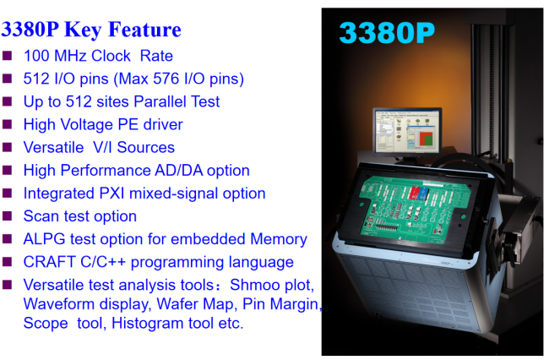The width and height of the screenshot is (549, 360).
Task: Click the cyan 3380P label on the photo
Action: [387, 33]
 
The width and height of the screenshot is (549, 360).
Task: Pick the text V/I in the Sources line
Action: [102, 147]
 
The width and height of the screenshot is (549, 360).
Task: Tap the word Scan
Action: [41, 216]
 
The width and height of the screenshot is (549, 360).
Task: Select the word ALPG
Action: [45, 239]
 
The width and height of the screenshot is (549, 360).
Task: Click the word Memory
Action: [279, 239]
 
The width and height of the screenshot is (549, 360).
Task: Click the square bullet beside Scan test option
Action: [8, 215]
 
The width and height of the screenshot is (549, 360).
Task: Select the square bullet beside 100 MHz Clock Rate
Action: [8, 56]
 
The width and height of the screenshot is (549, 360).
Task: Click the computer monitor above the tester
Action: [408, 132]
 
